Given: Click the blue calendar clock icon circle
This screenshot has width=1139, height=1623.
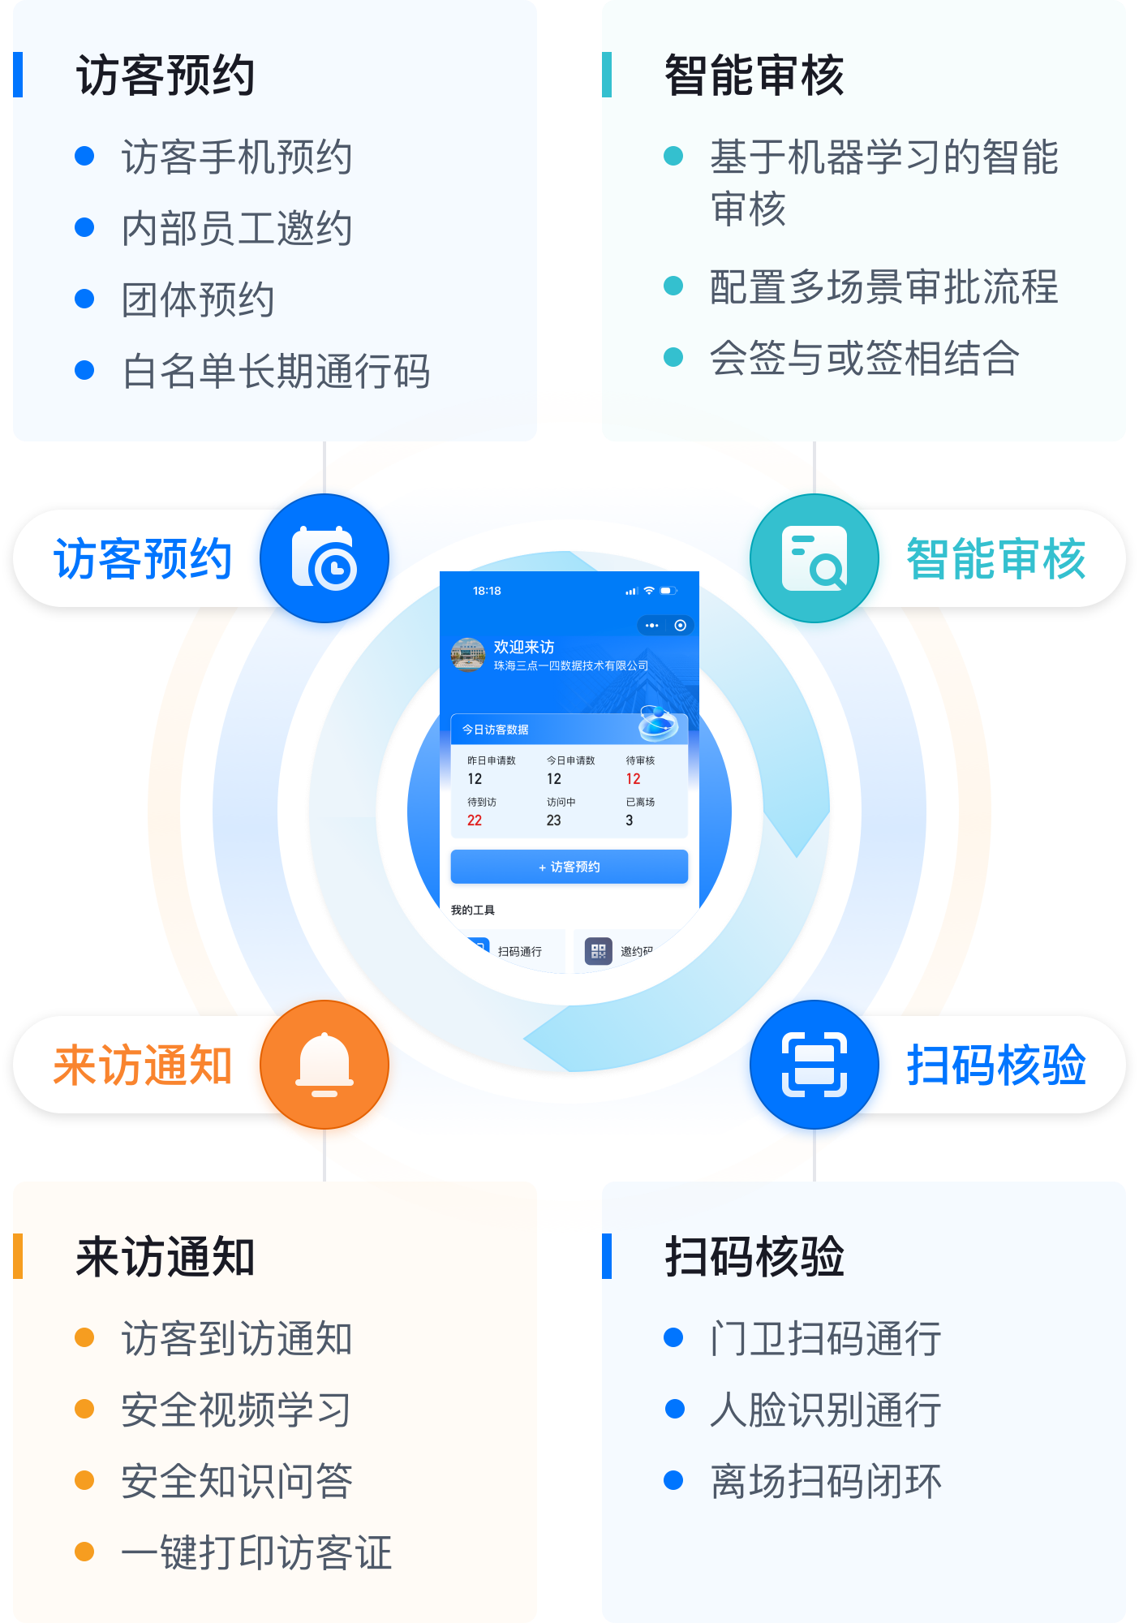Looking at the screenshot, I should (x=325, y=558).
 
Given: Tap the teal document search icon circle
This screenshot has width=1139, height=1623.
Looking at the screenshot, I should (x=814, y=558).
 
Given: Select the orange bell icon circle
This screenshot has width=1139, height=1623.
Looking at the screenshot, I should (x=325, y=1065).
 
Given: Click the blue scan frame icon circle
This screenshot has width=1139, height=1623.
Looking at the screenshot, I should (x=814, y=1065).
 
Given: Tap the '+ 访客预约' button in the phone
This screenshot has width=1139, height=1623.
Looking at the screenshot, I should (x=569, y=867).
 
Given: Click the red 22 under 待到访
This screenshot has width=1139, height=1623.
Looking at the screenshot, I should (x=475, y=820).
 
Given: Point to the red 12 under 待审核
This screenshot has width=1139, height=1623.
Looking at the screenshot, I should (x=633, y=779).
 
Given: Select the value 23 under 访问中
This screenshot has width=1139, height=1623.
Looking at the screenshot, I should (x=553, y=820).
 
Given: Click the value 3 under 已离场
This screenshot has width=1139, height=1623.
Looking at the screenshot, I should (x=630, y=820).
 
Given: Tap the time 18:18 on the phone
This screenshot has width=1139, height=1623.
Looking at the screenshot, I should (x=487, y=591).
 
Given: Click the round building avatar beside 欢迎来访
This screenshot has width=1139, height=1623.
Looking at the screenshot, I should (x=467, y=654).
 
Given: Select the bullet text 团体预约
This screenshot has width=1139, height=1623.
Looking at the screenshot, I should (x=197, y=299).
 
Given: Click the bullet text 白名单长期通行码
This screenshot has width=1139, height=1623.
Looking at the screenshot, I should (x=276, y=371).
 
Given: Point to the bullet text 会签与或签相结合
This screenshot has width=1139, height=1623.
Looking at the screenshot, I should (x=864, y=358).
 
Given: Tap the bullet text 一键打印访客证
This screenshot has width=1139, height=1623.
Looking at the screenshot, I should (x=256, y=1552).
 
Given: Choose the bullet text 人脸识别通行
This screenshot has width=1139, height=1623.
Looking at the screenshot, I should (x=825, y=1410).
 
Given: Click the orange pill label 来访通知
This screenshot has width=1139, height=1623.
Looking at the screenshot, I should (x=143, y=1065).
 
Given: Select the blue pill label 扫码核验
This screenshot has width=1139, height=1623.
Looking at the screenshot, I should (x=996, y=1065).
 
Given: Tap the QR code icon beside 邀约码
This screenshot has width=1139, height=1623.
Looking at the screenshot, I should (x=599, y=950).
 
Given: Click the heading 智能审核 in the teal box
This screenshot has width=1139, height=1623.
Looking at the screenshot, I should (x=754, y=75).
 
